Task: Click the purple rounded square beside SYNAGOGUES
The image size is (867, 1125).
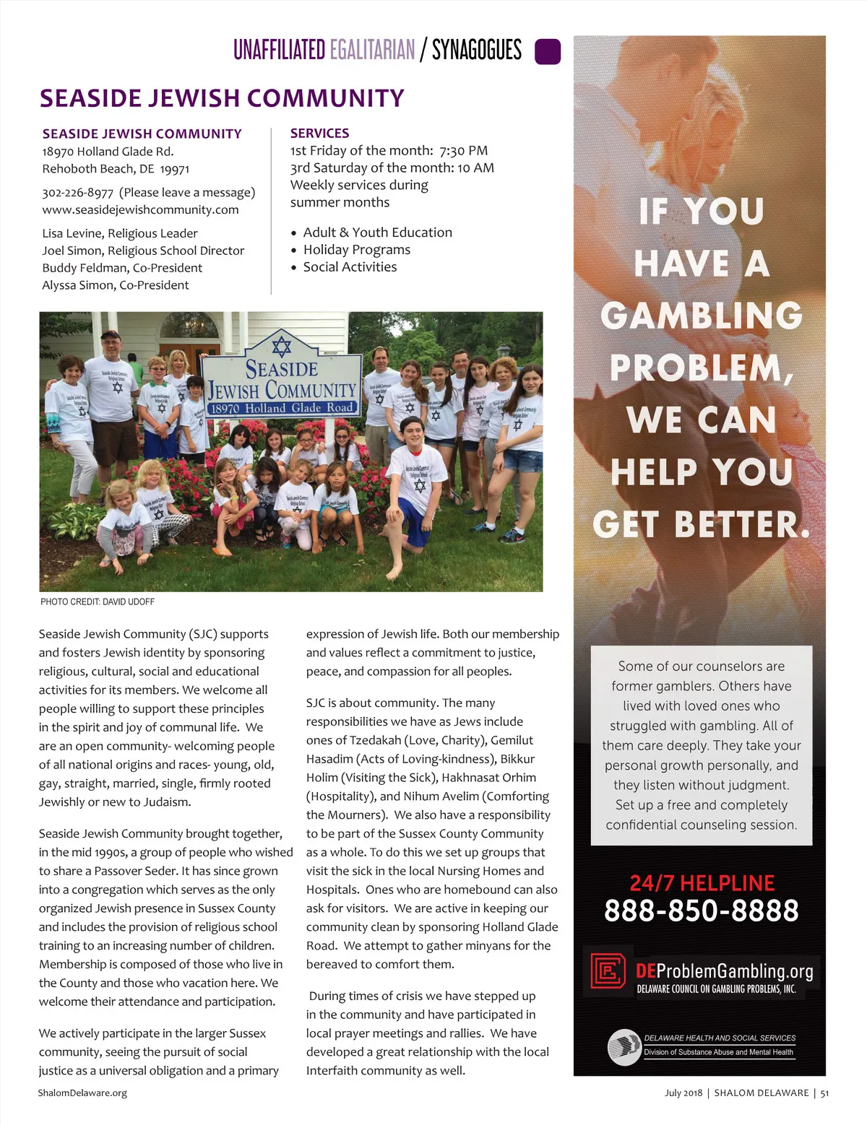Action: pyautogui.click(x=547, y=52)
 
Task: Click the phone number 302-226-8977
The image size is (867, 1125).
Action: pyautogui.click(x=78, y=193)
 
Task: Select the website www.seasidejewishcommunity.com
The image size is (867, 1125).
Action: pyautogui.click(x=140, y=210)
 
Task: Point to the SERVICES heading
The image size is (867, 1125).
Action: pyautogui.click(x=319, y=134)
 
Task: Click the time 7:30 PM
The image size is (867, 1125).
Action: pyautogui.click(x=463, y=151)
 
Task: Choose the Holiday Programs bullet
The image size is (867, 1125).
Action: pyautogui.click(x=356, y=250)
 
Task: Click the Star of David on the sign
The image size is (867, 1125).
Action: pyautogui.click(x=282, y=346)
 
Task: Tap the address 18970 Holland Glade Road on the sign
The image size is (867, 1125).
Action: pyautogui.click(x=282, y=408)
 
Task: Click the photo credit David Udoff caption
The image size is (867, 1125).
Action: pyautogui.click(x=98, y=601)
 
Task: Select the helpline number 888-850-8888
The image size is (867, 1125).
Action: pyautogui.click(x=701, y=911)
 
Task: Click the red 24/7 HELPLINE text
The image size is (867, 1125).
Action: pyautogui.click(x=702, y=883)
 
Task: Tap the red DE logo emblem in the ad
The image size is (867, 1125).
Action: pyautogui.click(x=608, y=970)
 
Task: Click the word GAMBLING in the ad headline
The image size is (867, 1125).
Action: pyautogui.click(x=701, y=316)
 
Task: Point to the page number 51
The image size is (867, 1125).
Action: pyautogui.click(x=824, y=1093)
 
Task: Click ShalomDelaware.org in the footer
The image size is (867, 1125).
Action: pyautogui.click(x=82, y=1093)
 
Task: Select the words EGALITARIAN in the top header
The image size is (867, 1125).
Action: pyautogui.click(x=372, y=51)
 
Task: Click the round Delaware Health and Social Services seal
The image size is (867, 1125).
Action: pyautogui.click(x=624, y=1046)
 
